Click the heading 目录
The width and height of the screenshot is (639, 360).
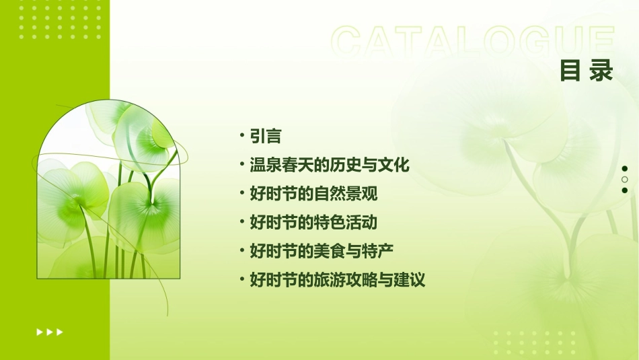tap(587, 70)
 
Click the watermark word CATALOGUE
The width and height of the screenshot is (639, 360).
tap(473, 42)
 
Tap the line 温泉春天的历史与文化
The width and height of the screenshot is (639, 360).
tap(329, 165)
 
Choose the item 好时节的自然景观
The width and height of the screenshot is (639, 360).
tap(313, 194)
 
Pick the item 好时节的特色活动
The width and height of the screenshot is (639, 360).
tap(313, 222)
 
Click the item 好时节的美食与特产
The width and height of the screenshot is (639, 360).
tap(321, 251)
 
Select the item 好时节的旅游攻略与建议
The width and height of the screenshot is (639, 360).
tap(337, 280)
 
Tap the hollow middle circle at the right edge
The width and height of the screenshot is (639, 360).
tap(625, 180)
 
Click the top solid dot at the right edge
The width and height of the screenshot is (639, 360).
tap(625, 168)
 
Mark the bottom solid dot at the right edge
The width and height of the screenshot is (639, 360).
tap(625, 190)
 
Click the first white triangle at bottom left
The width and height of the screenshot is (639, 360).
tap(39, 332)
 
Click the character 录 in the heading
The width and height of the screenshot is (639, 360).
tap(601, 70)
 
